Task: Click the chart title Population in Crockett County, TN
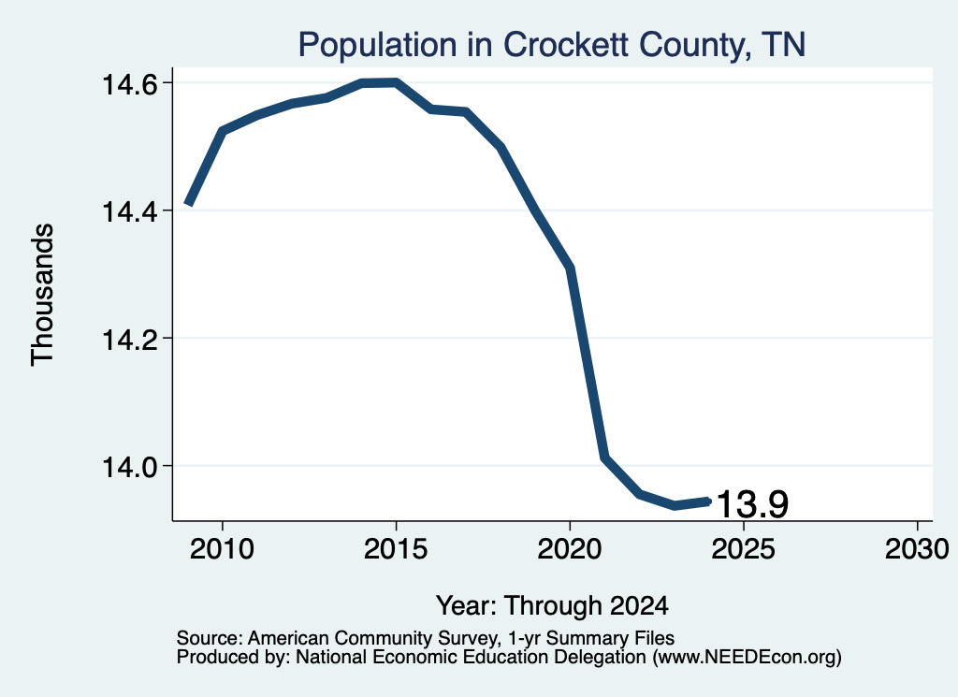tap(552, 45)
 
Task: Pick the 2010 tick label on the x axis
tap(222, 548)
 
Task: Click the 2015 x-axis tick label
tap(396, 548)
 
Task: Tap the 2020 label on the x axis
tap(570, 548)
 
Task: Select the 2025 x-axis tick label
tap(743, 548)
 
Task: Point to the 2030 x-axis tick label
tap(917, 548)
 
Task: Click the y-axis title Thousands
tap(43, 295)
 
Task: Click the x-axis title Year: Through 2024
tap(552, 605)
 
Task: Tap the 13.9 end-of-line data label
tap(752, 504)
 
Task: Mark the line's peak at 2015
tap(396, 83)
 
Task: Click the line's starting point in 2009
tap(189, 203)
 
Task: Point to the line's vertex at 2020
tap(570, 268)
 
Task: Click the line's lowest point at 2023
tap(674, 505)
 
